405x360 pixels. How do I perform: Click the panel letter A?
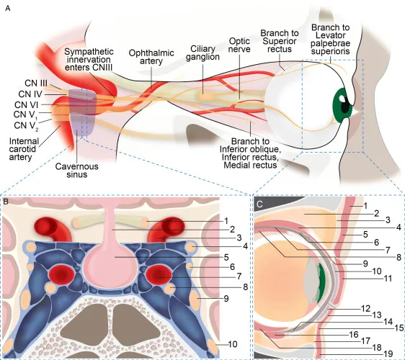tap(6, 6)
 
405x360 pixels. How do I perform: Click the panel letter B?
tap(8, 202)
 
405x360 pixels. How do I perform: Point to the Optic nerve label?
tap(239, 47)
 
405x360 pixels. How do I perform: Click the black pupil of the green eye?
tap(347, 107)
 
